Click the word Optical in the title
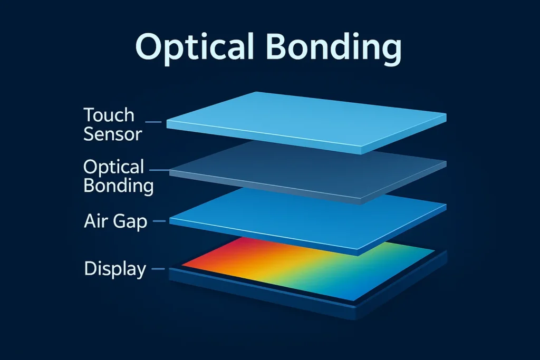[195, 47]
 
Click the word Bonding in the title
[334, 47]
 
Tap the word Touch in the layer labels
[109, 115]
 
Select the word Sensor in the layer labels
[113, 134]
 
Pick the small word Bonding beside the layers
[119, 186]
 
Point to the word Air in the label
[93, 221]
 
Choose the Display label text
[115, 269]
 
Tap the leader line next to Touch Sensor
[153, 122]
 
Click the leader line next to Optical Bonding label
[159, 170]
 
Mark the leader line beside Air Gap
[159, 221]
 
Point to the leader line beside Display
[158, 269]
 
